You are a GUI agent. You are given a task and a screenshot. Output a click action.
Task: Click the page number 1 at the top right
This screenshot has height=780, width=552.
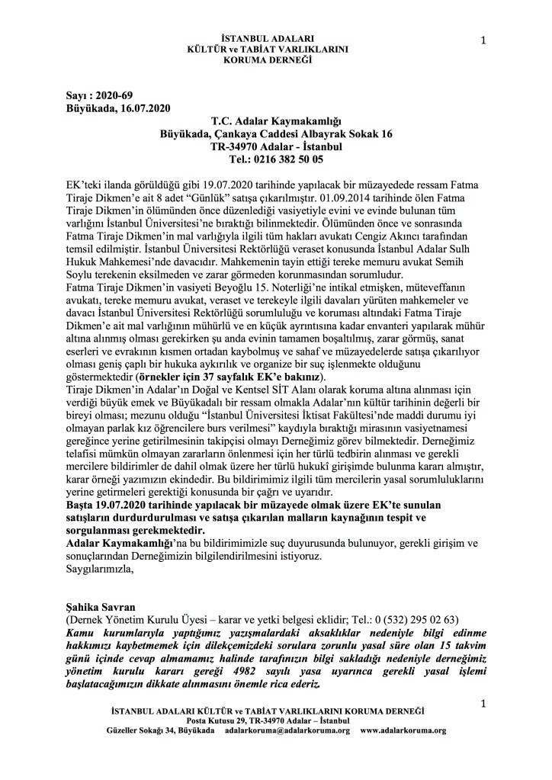click(484, 40)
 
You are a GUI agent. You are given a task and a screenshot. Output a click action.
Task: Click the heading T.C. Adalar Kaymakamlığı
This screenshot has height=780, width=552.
click(275, 121)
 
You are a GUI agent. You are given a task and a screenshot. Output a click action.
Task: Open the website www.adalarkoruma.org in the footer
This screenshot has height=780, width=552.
click(403, 730)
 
